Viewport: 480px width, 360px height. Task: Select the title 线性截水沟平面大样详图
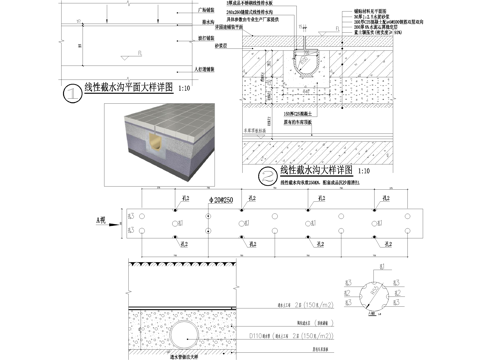pyautogui.click(x=129, y=89)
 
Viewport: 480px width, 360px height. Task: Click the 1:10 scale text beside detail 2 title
pyautogui.click(x=363, y=172)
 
